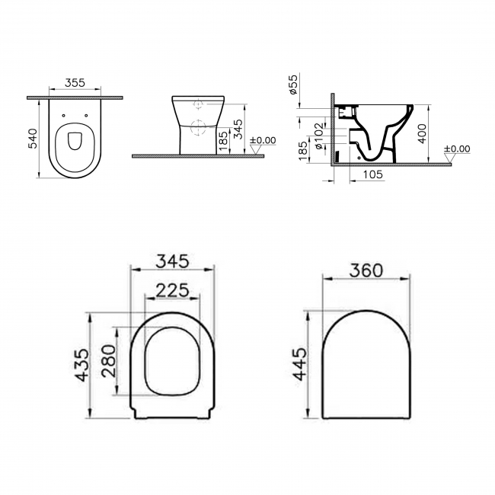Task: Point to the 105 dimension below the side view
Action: coord(373,175)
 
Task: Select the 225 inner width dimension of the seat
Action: coord(172,289)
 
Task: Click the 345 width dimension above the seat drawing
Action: coord(172,261)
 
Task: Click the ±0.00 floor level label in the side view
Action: coord(456,149)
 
